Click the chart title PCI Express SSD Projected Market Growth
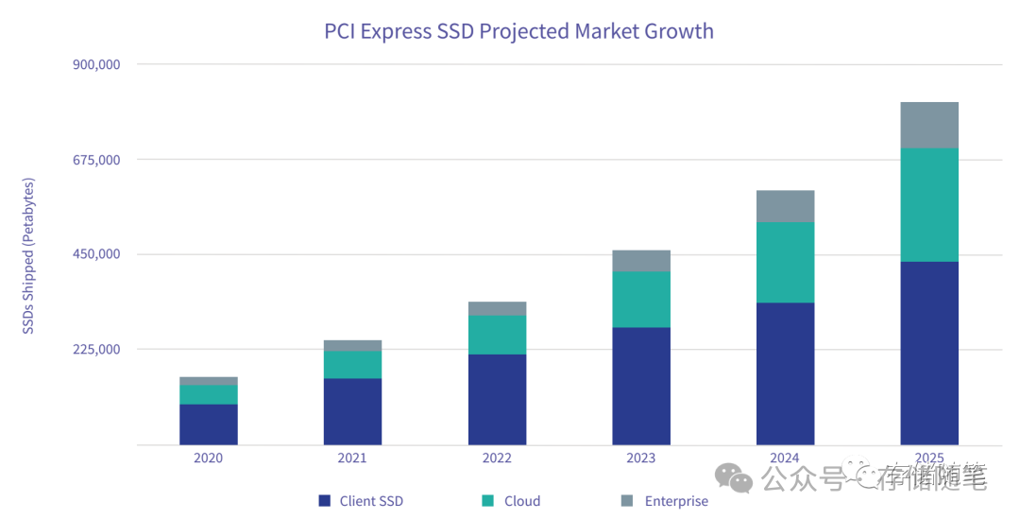point(518,30)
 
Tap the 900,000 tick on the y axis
point(95,64)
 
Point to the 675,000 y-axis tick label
point(95,160)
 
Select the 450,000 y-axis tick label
point(95,254)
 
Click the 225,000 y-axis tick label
point(95,350)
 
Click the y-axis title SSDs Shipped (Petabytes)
point(28,255)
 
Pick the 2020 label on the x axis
point(208,458)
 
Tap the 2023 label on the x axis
point(640,458)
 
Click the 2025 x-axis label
point(929,458)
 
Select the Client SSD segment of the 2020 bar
point(208,424)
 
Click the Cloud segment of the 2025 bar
point(929,204)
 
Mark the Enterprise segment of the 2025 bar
point(929,125)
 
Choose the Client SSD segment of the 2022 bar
point(497,399)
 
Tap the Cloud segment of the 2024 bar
point(785,262)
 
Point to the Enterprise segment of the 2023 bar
point(640,261)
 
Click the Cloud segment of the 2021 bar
point(352,365)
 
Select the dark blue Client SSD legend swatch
point(325,501)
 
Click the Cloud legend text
point(522,501)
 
